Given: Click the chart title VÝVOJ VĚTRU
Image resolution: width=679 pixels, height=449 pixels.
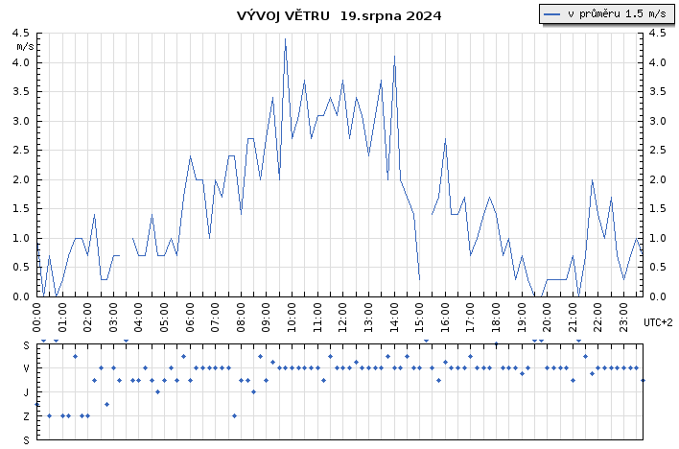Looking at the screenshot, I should coord(284,16).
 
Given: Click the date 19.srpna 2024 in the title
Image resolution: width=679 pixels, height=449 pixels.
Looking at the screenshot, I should coord(390,16).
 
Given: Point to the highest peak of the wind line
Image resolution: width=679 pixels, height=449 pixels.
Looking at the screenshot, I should coord(285,39).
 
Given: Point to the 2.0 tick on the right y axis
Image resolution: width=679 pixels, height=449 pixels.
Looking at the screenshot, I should coord(656,179).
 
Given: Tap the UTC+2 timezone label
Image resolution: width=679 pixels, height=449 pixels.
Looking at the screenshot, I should coord(658,322).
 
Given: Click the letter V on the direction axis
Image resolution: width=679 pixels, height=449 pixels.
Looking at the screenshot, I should coord(27,368).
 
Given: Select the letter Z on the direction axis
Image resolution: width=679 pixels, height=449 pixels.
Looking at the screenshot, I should coord(27,416).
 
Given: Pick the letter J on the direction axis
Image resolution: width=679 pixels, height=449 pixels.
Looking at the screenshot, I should coord(27,392).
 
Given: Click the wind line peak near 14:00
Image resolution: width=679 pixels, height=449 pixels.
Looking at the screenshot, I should coord(394,57).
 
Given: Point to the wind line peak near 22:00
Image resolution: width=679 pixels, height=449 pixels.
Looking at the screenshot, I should coord(593,179).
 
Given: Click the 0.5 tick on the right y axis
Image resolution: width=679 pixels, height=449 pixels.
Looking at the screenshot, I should coord(656,268).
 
